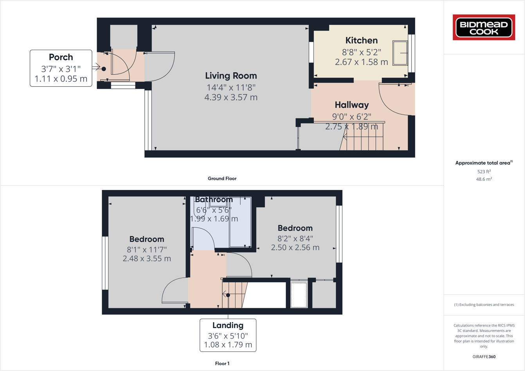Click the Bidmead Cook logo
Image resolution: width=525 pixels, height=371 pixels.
coord(484,27)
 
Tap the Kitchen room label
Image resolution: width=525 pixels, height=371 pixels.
coord(361,40)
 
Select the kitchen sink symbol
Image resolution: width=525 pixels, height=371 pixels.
coord(400,53)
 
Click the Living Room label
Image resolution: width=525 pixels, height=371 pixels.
coord(231,76)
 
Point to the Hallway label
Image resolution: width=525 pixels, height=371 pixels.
coord(352,105)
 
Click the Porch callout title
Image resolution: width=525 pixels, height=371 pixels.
coord(61,57)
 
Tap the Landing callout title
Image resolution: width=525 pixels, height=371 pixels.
coord(228,325)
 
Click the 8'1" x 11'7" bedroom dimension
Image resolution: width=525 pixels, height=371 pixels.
coord(147,249)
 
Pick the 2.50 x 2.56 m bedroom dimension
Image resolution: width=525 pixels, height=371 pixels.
coord(295,247)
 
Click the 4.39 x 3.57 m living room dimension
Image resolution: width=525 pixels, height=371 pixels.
coord(231,97)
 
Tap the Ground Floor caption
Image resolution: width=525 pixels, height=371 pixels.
coord(222,179)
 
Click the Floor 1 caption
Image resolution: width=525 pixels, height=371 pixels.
coord(222,364)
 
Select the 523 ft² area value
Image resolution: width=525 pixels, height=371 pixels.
coord(484,172)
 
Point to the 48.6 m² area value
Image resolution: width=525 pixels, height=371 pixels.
coord(484,179)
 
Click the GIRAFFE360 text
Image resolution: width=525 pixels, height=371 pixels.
coord(484,357)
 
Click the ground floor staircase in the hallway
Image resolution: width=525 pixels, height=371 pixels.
coord(362,142)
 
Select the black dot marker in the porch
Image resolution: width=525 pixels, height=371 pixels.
coord(104,69)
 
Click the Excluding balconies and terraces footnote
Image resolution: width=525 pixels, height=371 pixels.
coord(484,305)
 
